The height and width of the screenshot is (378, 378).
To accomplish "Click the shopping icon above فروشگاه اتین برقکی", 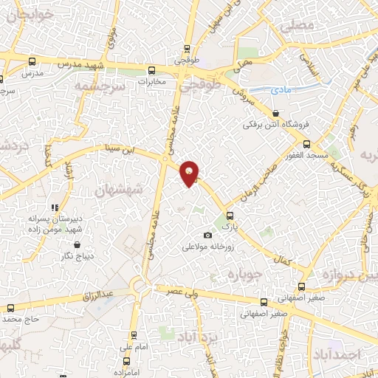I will pyautogui.click(x=275, y=113).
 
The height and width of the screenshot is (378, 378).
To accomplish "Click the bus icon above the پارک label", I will pyautogui.click(x=230, y=216).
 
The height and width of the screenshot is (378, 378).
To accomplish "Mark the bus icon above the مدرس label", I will pyautogui.click(x=31, y=62).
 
